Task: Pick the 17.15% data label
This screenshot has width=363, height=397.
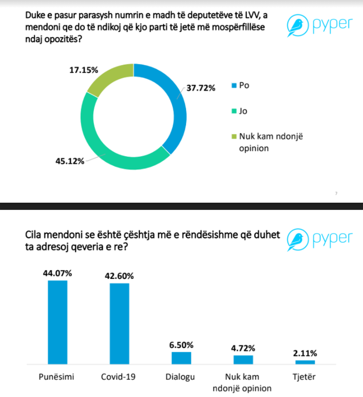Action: pos(84,70)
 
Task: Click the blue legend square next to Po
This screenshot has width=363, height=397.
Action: pos(233,85)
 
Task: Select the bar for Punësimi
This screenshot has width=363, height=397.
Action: pos(58,322)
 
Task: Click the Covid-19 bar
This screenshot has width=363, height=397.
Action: pos(119,323)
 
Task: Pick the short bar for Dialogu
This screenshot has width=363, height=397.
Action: pos(181,358)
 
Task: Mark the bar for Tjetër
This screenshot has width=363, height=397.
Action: pos(305,362)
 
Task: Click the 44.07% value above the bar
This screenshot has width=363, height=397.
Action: pos(57,273)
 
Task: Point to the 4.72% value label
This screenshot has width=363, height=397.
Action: pos(243,348)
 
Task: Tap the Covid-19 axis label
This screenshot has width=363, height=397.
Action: pos(118,377)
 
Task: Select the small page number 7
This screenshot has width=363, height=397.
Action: pos(336,193)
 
